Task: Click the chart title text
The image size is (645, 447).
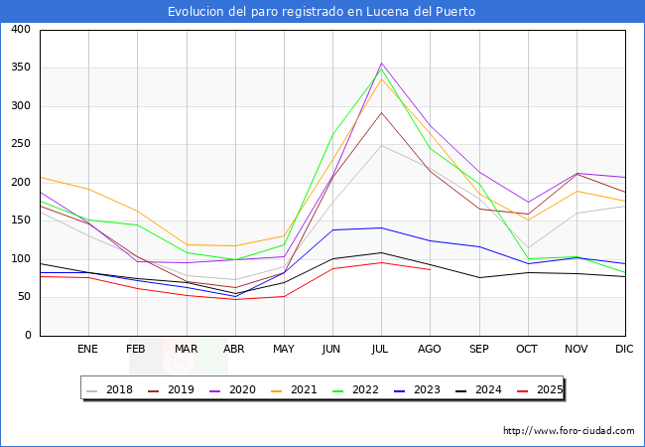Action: pos(322,12)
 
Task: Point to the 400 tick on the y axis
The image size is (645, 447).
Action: pos(20,30)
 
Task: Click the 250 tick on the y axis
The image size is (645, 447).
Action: pos(20,144)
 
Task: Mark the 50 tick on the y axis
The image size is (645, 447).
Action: pos(23,297)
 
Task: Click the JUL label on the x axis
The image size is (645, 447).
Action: pos(381,349)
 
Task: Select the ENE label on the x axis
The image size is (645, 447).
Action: pos(88,349)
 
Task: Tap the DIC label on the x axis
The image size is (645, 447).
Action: pos(624,349)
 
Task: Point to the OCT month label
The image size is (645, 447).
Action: pos(527,349)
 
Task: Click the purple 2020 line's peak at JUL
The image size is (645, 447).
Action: pos(381,64)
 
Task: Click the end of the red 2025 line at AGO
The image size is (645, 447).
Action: pos(430,269)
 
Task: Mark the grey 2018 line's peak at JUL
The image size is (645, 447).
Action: pos(381,146)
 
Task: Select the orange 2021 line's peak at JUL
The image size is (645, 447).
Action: pos(381,77)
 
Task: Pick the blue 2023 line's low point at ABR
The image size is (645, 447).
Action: pos(235,296)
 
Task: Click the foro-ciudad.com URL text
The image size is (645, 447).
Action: pos(569,431)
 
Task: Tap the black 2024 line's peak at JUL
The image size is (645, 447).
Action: pos(381,252)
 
